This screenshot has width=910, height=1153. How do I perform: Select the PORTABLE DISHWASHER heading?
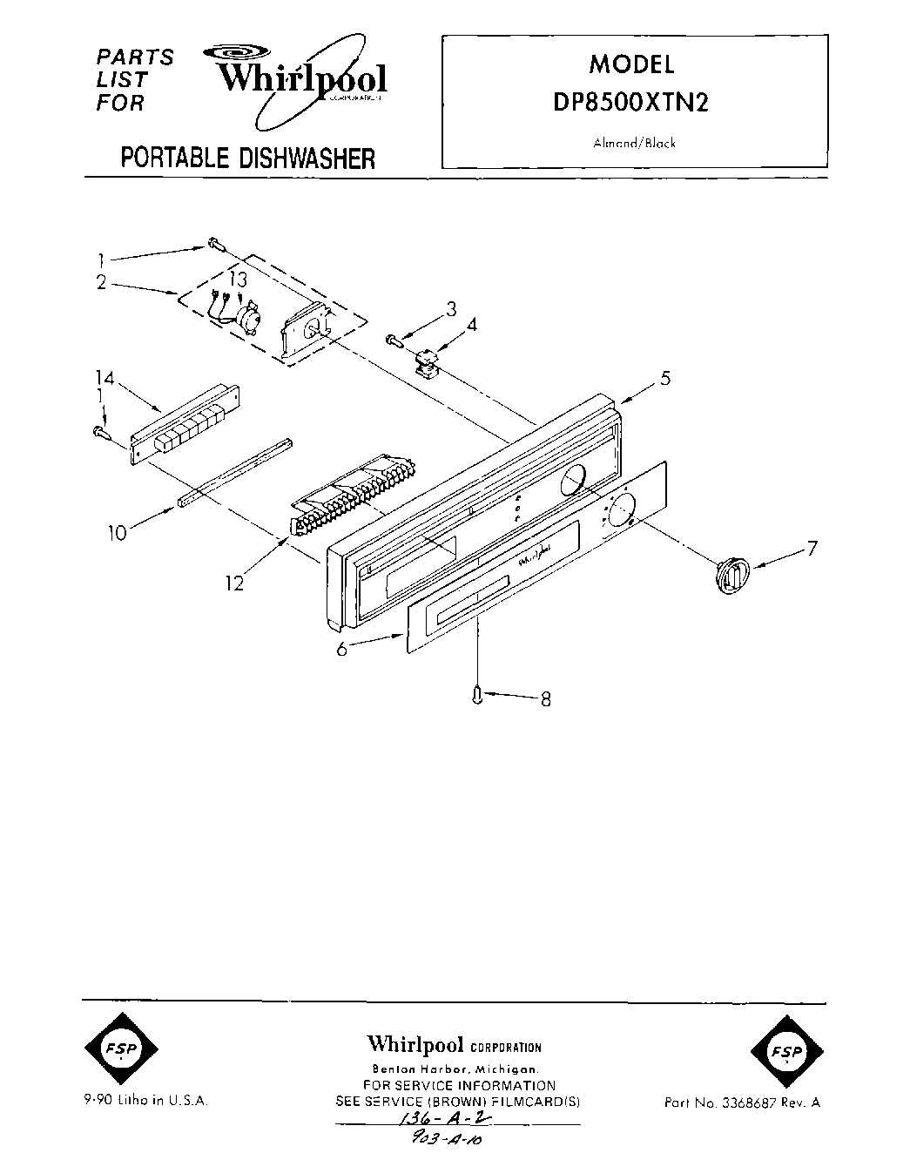(247, 158)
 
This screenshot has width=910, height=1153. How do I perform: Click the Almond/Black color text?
(634, 144)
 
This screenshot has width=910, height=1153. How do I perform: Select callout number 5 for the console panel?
(664, 378)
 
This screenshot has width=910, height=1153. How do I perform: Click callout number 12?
(234, 583)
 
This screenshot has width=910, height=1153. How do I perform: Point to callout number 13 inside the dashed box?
(238, 280)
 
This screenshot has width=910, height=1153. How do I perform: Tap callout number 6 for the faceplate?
(342, 649)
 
